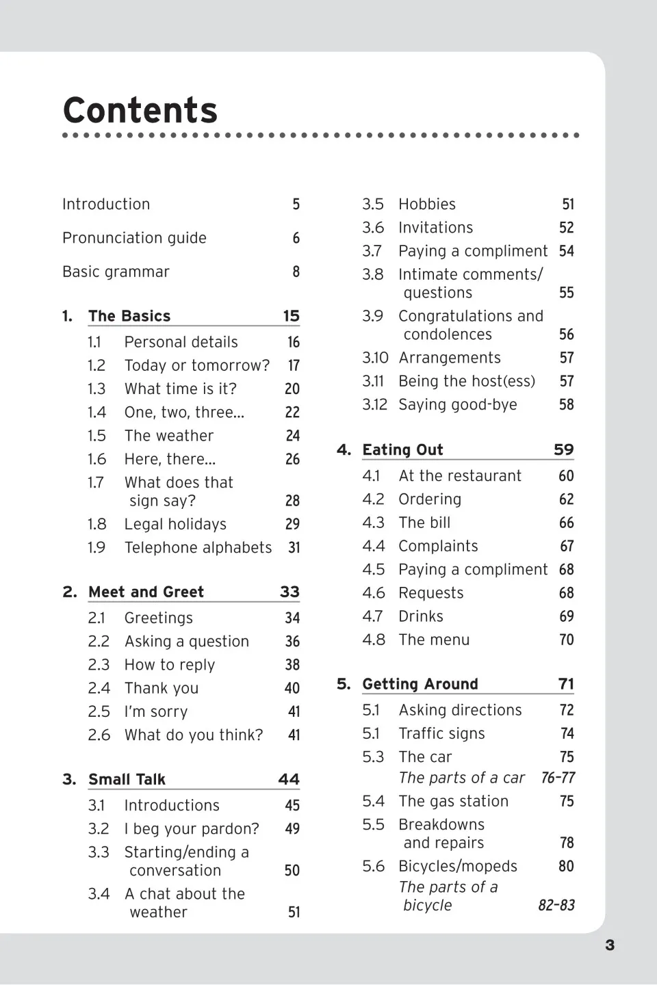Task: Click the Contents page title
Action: coord(140,110)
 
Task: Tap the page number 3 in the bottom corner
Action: coord(610,945)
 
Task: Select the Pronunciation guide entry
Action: coord(134,238)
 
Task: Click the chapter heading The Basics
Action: coord(129,316)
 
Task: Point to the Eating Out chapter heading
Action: coord(402,449)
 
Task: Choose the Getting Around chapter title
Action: coord(420,684)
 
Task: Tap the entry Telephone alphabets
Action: coord(198,548)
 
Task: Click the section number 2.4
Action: coord(99,688)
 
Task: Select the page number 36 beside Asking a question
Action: coord(292,642)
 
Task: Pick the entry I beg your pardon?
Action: coord(192,829)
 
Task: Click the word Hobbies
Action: coord(427,205)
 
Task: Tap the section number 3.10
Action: coord(375,358)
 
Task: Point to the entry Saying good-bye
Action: coord(457,405)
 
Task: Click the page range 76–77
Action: coord(558,778)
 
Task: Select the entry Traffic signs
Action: coord(441,734)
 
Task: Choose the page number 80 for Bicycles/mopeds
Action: coord(566,867)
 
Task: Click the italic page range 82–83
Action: coord(556,906)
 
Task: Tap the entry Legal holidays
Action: coord(175,525)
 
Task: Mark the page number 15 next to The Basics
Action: coord(291,316)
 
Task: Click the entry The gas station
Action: coord(453,801)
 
